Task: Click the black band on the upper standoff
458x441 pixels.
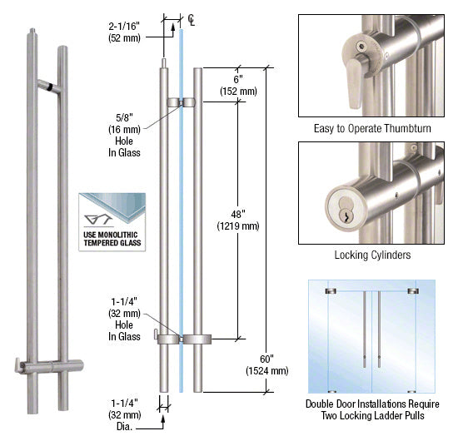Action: tap(52, 86)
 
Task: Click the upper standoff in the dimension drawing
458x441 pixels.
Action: tap(180, 102)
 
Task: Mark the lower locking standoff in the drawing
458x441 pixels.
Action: tap(180, 339)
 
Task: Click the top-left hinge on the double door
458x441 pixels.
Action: tap(330, 290)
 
